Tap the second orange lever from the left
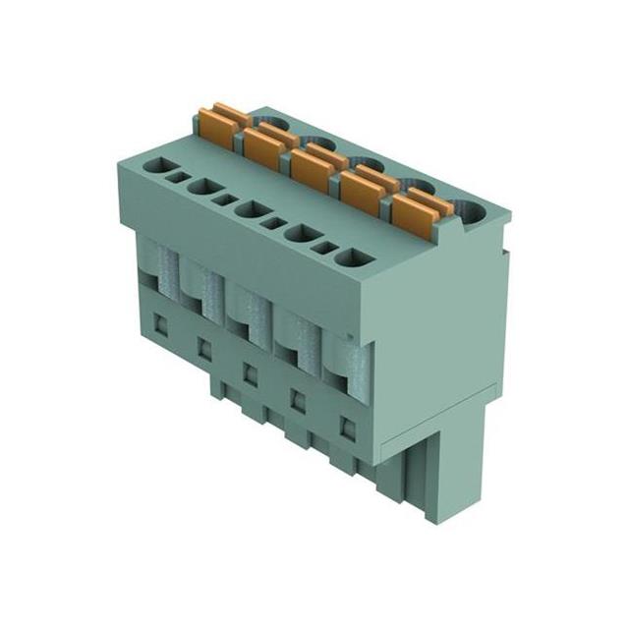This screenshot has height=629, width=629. point(264,146)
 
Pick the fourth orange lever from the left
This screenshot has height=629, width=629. point(361,185)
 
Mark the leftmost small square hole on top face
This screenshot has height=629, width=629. point(181,179)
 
